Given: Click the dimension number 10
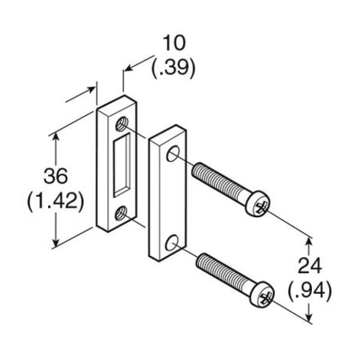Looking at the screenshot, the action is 174,43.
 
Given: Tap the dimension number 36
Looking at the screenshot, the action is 56,176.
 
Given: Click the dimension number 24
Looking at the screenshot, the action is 309,266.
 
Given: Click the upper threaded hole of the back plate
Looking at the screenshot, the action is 122,124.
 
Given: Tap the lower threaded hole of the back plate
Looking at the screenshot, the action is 121,213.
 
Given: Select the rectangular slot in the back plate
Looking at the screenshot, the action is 122,165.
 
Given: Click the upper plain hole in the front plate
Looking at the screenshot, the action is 173,153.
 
